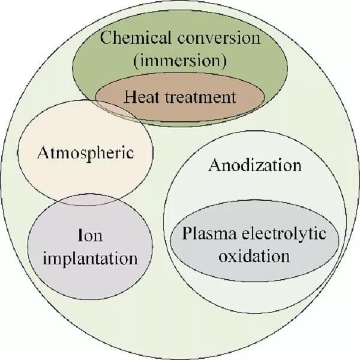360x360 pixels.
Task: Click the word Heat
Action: pyautogui.click(x=142, y=97)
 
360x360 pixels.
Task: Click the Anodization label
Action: pyautogui.click(x=254, y=165)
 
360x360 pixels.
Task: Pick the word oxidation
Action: pyautogui.click(x=254, y=256)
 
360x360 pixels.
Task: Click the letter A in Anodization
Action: pyautogui.click(x=214, y=165)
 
